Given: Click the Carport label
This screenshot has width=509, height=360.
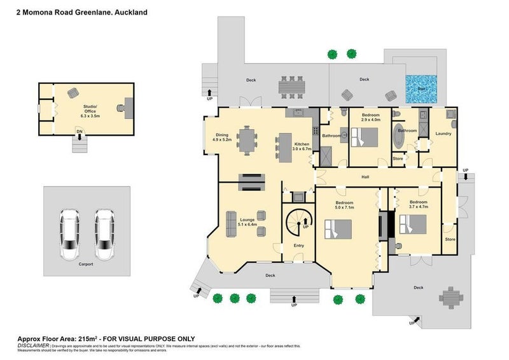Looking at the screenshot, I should point(86,263).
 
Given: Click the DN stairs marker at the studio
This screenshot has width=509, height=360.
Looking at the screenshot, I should point(80,131).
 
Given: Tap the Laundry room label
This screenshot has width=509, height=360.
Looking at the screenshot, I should point(443,134).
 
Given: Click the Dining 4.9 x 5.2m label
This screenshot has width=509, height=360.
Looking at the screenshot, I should point(221,136).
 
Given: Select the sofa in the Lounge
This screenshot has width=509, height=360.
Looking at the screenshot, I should point(230,223).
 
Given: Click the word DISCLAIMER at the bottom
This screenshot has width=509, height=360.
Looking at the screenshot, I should point(32,346).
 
